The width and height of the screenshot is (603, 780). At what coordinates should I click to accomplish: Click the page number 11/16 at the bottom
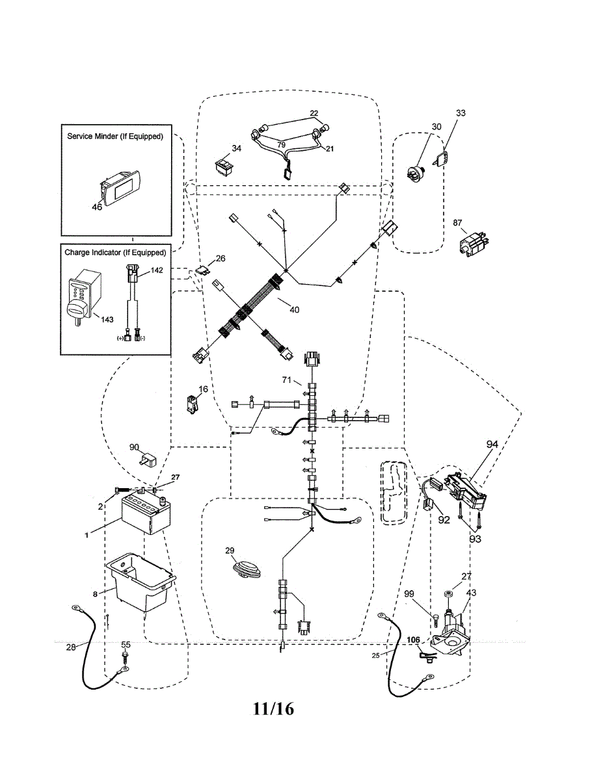[274, 708]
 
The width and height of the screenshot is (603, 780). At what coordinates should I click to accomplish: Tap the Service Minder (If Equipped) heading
[115, 136]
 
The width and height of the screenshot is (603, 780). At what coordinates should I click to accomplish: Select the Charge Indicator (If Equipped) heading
[115, 252]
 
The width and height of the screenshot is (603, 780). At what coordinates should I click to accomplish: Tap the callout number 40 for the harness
[294, 309]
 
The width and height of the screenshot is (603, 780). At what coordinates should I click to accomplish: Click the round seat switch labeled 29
[247, 568]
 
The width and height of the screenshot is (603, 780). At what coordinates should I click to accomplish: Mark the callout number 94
[492, 444]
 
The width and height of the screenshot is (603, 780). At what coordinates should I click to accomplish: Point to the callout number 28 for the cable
[71, 647]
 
